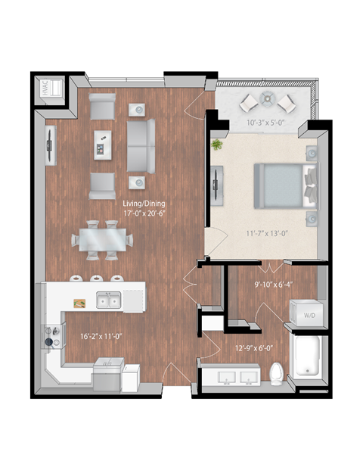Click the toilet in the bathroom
pyautogui.click(x=277, y=372)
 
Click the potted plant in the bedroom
pyautogui.click(x=218, y=144)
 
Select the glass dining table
pyautogui.click(x=102, y=241)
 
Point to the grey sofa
pyautogui.click(x=139, y=145)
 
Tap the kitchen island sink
pyautogui.click(x=108, y=302)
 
